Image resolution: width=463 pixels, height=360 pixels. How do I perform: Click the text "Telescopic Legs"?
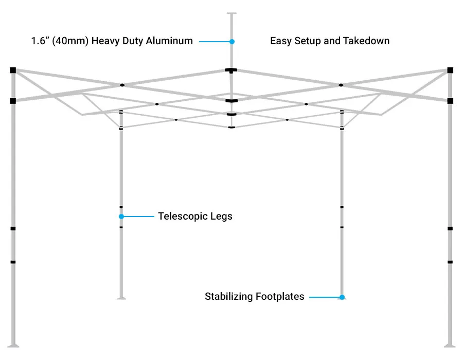click(x=195, y=217)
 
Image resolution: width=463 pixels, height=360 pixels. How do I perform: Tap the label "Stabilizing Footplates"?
click(x=254, y=297)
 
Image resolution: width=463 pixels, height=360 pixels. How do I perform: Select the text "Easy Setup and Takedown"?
click(x=330, y=41)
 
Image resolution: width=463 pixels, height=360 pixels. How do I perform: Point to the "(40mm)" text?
click(x=70, y=41)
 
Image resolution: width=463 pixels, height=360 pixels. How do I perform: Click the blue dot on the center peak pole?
click(x=232, y=41)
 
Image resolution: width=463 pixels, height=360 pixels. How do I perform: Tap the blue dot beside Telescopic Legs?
click(x=121, y=217)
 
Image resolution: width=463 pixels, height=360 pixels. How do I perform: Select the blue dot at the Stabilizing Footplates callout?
click(x=342, y=297)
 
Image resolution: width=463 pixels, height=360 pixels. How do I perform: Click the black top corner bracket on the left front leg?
click(x=13, y=70)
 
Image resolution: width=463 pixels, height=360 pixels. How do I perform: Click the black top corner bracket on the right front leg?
click(x=450, y=70)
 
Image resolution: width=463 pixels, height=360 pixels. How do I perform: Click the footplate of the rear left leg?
click(x=121, y=297)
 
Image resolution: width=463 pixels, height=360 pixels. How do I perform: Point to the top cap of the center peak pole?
click(x=232, y=14)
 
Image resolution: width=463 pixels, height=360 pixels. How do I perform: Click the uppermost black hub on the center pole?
click(x=231, y=70)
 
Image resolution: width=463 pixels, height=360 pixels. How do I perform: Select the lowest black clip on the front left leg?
click(x=13, y=262)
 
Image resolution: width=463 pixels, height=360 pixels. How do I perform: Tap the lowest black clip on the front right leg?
click(x=450, y=262)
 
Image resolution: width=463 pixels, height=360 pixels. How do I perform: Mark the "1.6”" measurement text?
click(x=40, y=41)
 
